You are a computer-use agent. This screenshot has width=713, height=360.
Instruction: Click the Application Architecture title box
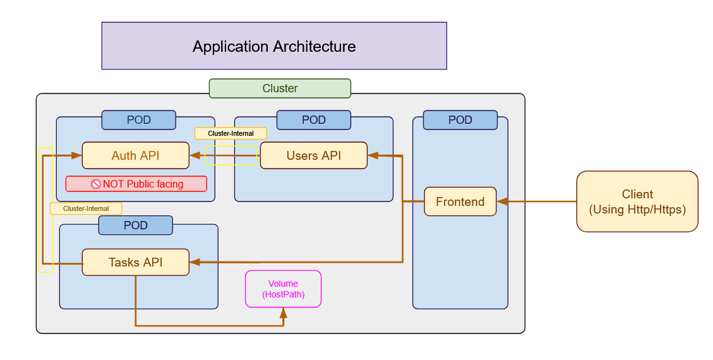point(274,46)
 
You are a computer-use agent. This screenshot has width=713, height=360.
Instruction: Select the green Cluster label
point(280,88)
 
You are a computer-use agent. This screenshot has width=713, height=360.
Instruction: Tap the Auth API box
point(135,155)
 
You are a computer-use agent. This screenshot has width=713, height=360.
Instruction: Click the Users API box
point(313,155)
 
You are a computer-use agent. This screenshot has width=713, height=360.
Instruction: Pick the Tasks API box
point(135,262)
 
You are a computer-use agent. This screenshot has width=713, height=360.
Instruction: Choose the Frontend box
point(460,201)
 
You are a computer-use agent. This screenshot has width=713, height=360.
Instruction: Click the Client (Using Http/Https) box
point(637,201)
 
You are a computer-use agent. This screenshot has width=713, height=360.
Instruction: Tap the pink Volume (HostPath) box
point(283,289)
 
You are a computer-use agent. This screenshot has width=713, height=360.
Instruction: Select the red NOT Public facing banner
point(136,184)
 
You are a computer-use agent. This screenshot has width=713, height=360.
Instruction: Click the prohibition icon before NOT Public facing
point(96,184)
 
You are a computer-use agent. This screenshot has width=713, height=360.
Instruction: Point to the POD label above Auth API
point(138,120)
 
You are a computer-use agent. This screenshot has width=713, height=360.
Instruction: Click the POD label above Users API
point(313,120)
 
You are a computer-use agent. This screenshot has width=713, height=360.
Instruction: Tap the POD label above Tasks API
point(135,225)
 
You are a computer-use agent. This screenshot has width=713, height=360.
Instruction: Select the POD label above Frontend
point(460,120)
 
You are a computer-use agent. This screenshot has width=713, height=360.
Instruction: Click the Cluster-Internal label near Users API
point(231,133)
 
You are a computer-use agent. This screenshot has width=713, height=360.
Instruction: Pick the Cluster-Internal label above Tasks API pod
point(86,208)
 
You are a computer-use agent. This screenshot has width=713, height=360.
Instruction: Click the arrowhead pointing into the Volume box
point(283,313)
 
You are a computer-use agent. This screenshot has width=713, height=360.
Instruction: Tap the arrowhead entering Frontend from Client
point(502,201)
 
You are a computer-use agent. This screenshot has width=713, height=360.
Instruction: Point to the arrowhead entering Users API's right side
point(373,155)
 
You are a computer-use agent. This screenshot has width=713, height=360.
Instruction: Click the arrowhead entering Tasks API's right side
point(195,261)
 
